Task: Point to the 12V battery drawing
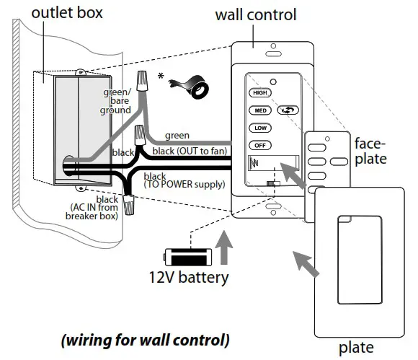pyautogui.click(x=187, y=256)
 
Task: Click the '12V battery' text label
pyautogui.click(x=189, y=277)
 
